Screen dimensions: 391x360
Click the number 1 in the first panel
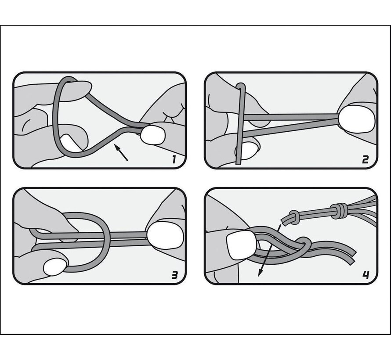[x=174, y=159]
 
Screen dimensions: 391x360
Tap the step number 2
[x=365, y=159]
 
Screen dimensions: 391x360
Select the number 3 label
[x=175, y=275]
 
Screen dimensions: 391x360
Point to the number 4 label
[x=366, y=275]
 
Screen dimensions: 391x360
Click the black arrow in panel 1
[x=121, y=152]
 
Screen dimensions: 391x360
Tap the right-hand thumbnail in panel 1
[x=153, y=135]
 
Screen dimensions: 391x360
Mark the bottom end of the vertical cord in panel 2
[x=239, y=163]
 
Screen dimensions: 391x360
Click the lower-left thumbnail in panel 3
[x=55, y=267]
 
